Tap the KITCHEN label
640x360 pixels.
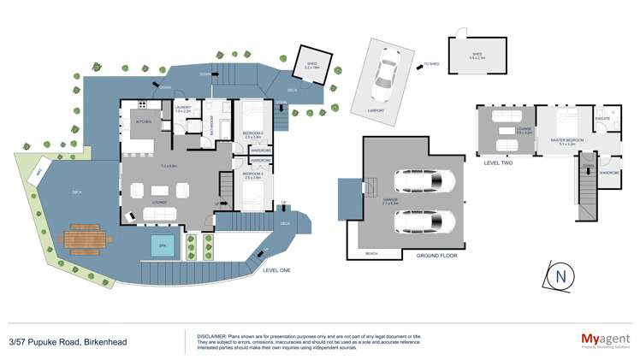(144, 122)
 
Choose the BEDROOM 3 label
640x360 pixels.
(251, 174)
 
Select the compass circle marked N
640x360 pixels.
(560, 276)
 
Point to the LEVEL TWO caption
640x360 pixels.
(497, 162)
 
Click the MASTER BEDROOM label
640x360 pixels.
(566, 140)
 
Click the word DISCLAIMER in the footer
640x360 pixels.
(210, 336)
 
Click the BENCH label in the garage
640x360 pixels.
(371, 254)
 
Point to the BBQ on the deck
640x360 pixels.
(37, 174)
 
